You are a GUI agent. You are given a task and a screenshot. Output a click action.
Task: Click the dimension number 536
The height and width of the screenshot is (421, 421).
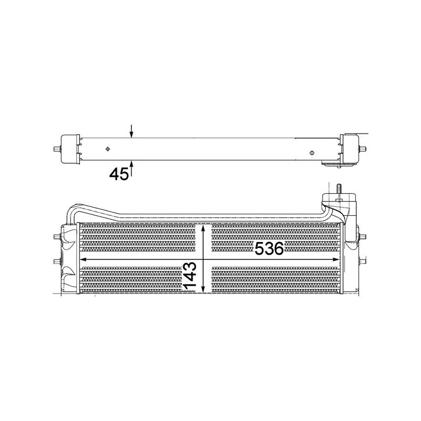[x=269, y=249]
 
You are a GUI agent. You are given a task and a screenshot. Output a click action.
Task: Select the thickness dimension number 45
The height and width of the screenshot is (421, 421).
[x=119, y=174]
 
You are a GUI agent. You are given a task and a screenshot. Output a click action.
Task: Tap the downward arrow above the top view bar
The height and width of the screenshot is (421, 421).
[x=132, y=132]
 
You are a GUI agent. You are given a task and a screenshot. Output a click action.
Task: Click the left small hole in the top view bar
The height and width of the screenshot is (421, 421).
[x=107, y=149]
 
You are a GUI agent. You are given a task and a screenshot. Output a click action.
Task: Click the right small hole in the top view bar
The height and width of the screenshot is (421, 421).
[x=312, y=153]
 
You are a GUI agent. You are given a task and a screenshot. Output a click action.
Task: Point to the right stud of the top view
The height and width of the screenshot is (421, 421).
[x=363, y=149]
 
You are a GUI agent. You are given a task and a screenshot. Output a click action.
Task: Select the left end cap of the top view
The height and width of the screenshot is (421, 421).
[x=71, y=149]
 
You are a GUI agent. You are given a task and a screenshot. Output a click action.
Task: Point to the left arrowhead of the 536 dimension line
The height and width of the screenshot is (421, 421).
[x=83, y=259]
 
